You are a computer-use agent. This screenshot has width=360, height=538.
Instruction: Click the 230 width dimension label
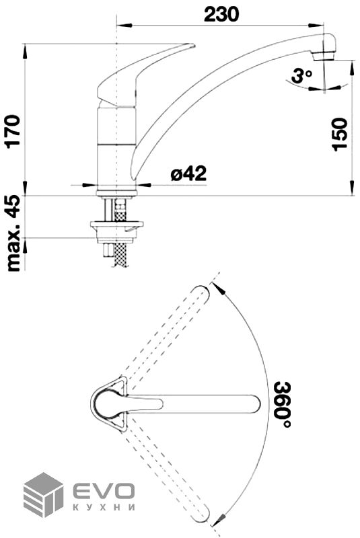pos(221,14)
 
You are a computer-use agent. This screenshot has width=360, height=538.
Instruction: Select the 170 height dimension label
pos(14,131)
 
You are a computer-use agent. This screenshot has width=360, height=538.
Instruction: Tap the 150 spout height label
pos(340,134)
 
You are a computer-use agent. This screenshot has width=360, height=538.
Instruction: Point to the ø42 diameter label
pos(189,174)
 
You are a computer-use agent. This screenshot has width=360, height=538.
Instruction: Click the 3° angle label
pos(301,76)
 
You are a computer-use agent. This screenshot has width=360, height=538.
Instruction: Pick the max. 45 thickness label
pos(14,233)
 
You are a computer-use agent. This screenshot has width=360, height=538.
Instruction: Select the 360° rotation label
pos(283,405)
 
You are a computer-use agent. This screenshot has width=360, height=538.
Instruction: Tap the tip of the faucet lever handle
pos(193,45)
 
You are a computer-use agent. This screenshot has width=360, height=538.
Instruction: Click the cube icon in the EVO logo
pos(43,494)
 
